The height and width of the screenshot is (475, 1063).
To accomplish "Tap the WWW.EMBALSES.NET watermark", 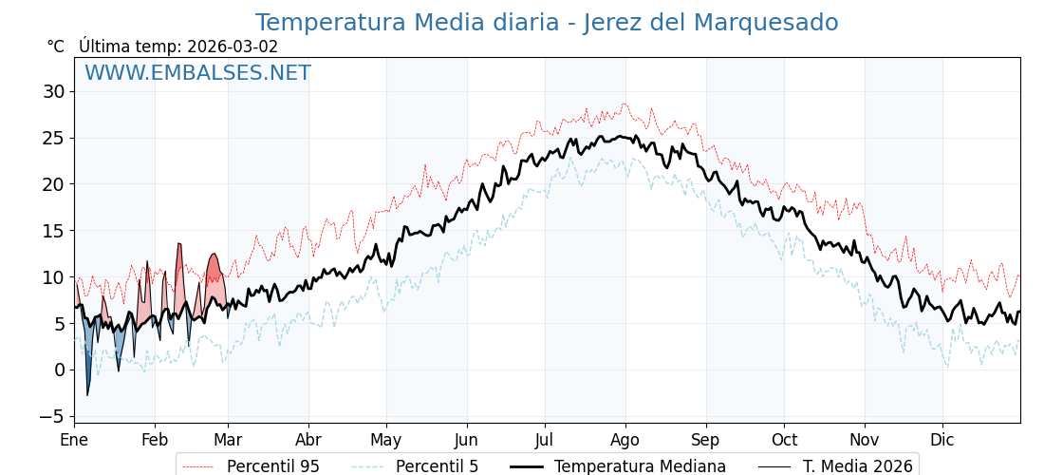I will (197, 73).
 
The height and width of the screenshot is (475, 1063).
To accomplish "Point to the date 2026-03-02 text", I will (233, 47).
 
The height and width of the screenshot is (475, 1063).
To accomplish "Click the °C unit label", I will (56, 47).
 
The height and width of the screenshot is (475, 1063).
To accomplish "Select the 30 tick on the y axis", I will (53, 91).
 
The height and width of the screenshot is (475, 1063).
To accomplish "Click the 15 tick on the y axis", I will (53, 231).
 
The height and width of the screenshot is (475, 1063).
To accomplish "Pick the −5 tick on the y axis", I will (49, 416).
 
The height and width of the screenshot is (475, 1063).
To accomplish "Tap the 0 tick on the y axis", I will (59, 370).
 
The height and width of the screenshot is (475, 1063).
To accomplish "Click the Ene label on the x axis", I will (74, 440).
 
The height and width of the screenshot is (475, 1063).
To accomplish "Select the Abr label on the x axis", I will (308, 440).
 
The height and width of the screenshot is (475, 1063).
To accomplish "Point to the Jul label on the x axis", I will (545, 440).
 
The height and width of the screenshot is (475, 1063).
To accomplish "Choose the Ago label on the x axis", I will (625, 440).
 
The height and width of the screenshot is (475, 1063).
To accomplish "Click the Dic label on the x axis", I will (942, 440).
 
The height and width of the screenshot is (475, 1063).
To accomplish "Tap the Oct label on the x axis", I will (784, 440).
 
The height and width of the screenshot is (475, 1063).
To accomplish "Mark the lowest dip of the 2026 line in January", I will (87, 394).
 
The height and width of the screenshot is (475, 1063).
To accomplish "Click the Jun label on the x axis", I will (466, 440).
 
